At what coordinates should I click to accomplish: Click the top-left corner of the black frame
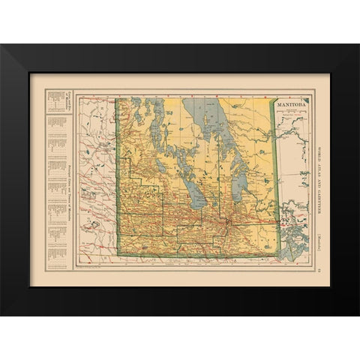(x=2, y=46)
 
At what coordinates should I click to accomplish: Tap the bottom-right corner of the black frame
(x=358, y=314)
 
